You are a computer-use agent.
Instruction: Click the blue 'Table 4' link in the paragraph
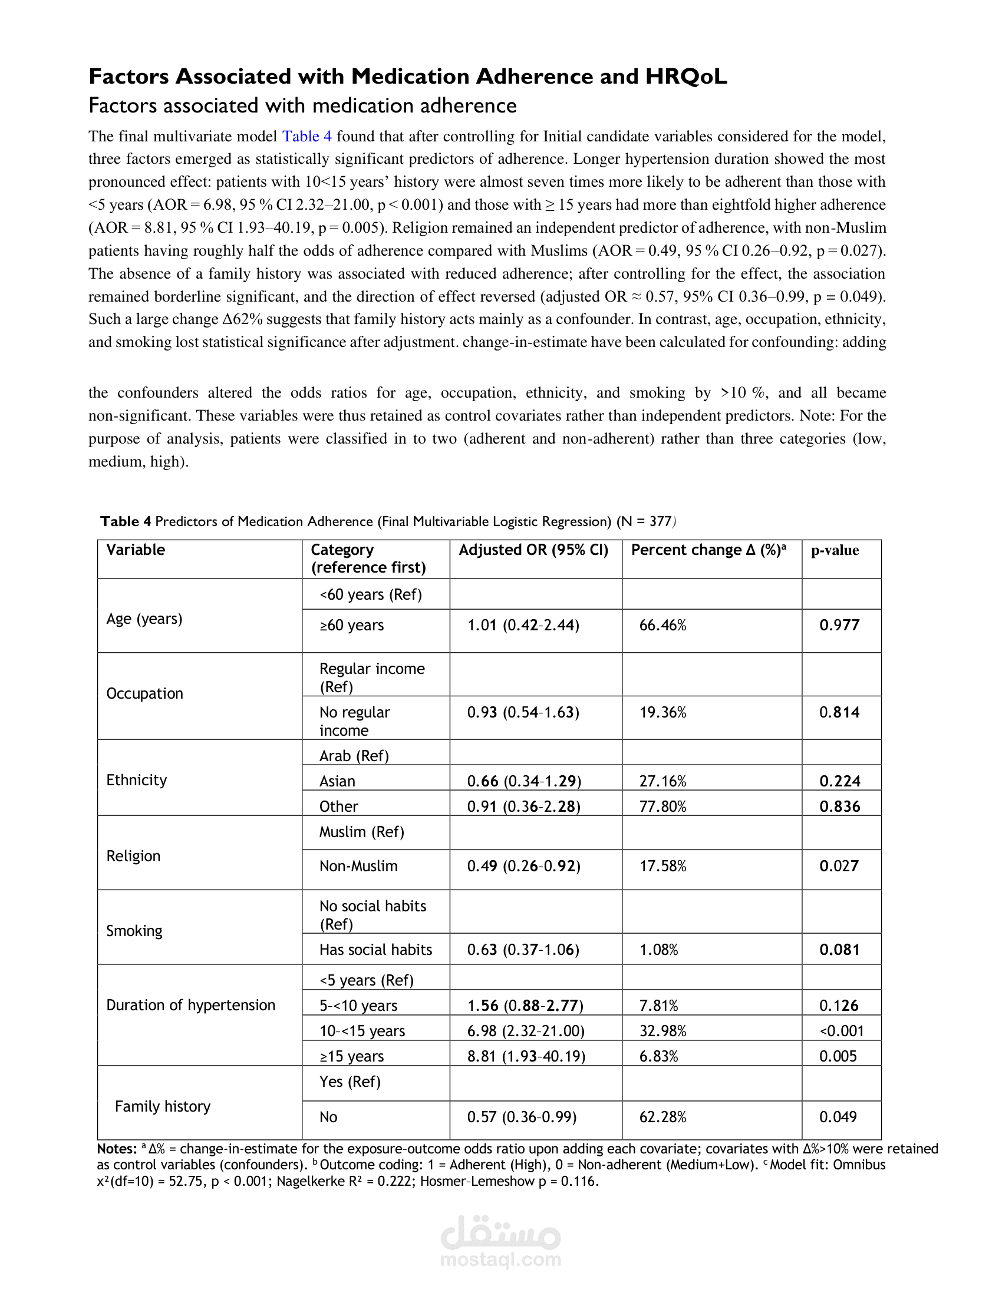(x=306, y=137)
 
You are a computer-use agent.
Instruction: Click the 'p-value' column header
(x=835, y=550)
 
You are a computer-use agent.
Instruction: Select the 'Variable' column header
(x=136, y=550)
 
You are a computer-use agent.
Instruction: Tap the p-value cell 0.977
(x=839, y=625)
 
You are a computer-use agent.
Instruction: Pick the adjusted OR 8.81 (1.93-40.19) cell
(x=526, y=1056)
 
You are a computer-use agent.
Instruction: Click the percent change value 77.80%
(x=662, y=806)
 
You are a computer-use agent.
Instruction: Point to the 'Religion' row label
(x=133, y=856)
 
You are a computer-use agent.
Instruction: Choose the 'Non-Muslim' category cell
(x=358, y=866)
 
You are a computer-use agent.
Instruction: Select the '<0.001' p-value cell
(x=841, y=1031)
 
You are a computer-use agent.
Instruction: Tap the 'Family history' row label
(x=163, y=1106)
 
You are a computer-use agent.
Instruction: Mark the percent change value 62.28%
(x=662, y=1117)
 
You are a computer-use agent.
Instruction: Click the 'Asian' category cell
(x=337, y=781)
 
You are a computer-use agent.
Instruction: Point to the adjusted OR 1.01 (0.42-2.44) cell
(x=523, y=625)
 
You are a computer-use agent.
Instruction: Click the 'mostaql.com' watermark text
(x=500, y=1259)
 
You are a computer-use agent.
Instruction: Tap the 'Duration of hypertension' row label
(x=190, y=1004)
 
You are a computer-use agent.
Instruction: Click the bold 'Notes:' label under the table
(x=117, y=1149)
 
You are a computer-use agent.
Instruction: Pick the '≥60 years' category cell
(x=351, y=625)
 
